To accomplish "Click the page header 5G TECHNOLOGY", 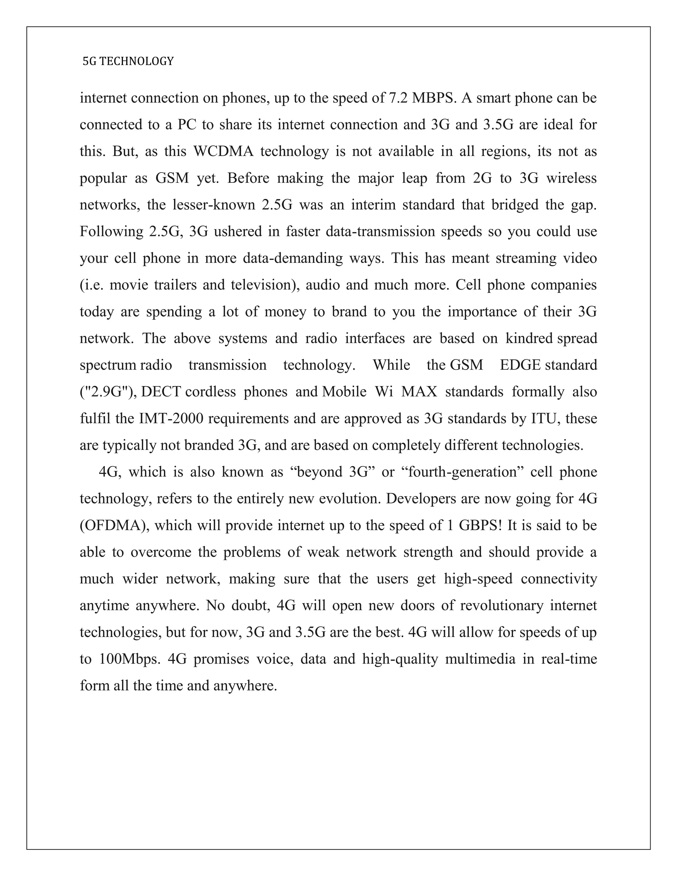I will [x=128, y=61].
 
